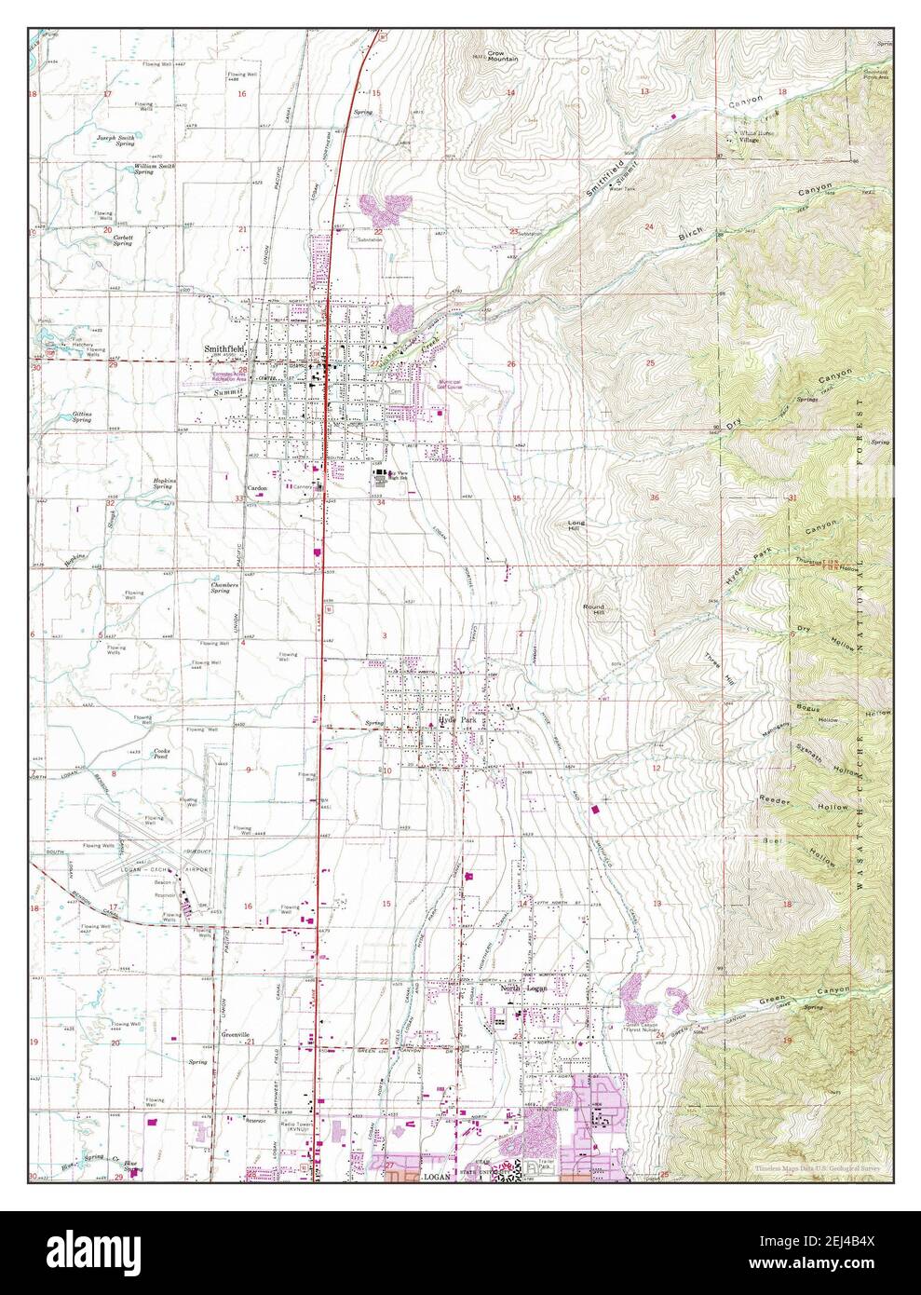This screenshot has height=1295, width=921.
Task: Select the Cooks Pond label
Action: coord(167,755)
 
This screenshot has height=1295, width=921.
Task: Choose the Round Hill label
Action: coord(593,609)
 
